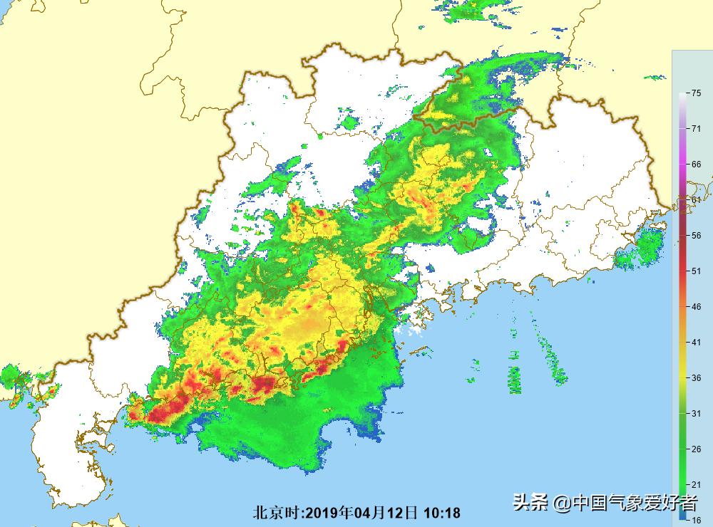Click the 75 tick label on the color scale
coord(695,93)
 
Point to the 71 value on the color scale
coord(695,128)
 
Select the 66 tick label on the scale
coord(695,164)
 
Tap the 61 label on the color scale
coord(695,199)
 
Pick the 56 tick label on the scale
coord(695,235)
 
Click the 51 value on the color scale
coord(695,271)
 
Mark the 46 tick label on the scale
coord(695,306)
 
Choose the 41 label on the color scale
coord(695,342)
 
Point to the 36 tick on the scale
coord(695,377)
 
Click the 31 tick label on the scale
coord(695,413)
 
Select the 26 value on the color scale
coord(695,449)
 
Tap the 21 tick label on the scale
coord(695,484)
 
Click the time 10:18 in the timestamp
coord(442,513)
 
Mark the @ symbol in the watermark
coord(563,503)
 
